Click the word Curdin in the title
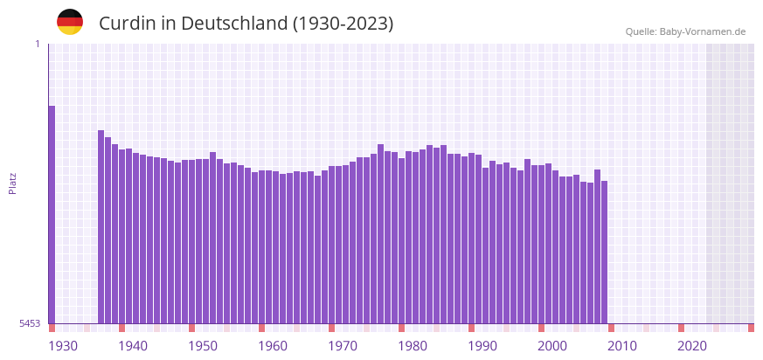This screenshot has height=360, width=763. pos(128,24)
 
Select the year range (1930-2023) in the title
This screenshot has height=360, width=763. pos(343,24)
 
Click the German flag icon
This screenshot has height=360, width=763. pos(70,22)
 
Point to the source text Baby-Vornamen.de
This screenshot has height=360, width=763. pos(704,31)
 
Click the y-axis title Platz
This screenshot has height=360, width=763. pos(12,183)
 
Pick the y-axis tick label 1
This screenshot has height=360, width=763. pos(37,44)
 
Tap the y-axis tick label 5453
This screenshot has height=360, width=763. pos(30,323)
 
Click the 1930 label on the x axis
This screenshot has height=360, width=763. pos(63,346)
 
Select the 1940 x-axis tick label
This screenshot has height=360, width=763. pos(133,346)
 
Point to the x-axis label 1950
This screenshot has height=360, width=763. pos(203,346)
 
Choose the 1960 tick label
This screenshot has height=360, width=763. pos(273,346)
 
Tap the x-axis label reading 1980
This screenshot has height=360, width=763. pos(413,346)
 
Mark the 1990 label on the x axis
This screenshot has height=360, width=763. pos(482,346)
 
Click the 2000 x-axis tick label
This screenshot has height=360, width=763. pos(552,346)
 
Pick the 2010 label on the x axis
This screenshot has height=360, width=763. pos(622,346)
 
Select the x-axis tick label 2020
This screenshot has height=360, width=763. pos(692,346)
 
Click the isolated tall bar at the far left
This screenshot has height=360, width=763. pos(52,214)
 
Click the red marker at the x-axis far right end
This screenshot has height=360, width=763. pos(751,328)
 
